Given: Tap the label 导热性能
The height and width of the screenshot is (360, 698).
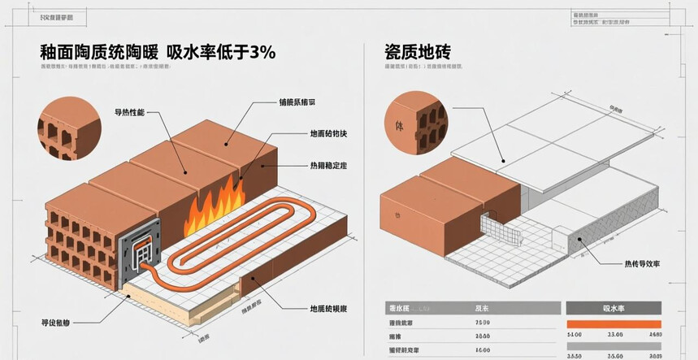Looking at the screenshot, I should pos(128,111).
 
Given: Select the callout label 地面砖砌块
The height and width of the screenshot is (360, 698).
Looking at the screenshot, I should pos(327,133).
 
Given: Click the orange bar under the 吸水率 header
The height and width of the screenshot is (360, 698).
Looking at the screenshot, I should pos(614,324).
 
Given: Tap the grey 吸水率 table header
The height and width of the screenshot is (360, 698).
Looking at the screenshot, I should pos(614,309).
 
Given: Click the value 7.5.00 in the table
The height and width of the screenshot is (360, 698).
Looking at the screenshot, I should pos(482,323).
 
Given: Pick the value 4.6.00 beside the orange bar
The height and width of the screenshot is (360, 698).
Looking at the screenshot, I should pos(652,334).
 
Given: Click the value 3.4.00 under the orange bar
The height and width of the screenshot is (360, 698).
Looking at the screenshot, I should pos(575,334).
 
